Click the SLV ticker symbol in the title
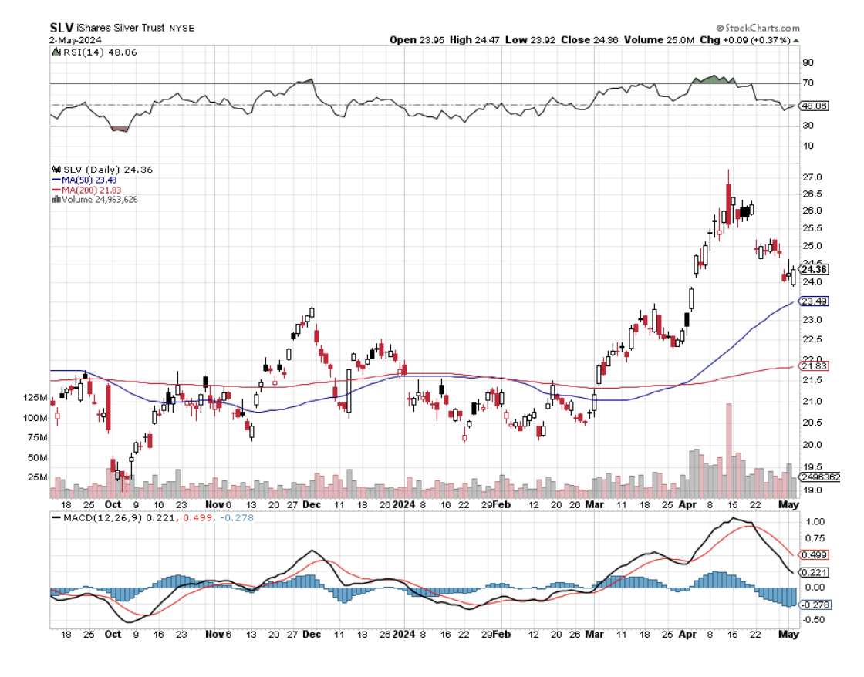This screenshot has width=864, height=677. tap(62, 28)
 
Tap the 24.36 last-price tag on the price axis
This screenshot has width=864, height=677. tap(815, 269)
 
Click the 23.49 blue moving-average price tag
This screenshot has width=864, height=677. tap(815, 301)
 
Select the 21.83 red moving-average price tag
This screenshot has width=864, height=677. tap(815, 365)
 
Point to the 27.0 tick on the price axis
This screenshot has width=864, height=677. tap(812, 177)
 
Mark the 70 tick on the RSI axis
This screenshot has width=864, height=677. tap(808, 83)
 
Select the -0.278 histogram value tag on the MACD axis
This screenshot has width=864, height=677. tap(815, 605)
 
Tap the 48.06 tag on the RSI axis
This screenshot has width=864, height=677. tap(815, 106)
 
